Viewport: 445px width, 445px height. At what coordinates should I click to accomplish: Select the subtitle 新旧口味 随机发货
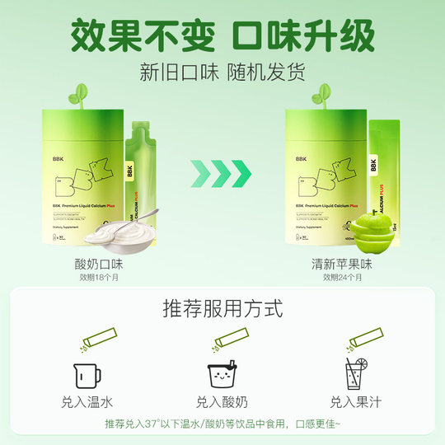222,71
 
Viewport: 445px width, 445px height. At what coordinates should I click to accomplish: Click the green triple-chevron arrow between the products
222,173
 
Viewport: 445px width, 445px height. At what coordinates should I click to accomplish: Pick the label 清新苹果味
343,264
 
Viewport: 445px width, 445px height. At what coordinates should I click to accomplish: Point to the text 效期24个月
343,278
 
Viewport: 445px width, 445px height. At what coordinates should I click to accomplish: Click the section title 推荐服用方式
222,310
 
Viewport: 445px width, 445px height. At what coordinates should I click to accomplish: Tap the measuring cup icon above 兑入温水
87,375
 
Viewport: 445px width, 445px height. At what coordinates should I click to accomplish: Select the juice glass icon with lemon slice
356,374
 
